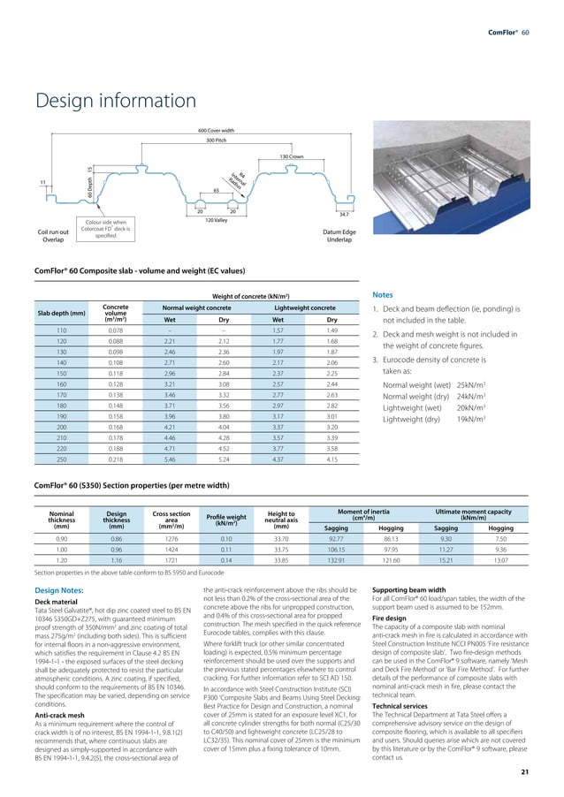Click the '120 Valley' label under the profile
coord(216,219)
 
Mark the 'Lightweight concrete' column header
coord(303,307)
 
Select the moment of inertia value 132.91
coord(336,559)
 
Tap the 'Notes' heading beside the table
coord(384,295)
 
